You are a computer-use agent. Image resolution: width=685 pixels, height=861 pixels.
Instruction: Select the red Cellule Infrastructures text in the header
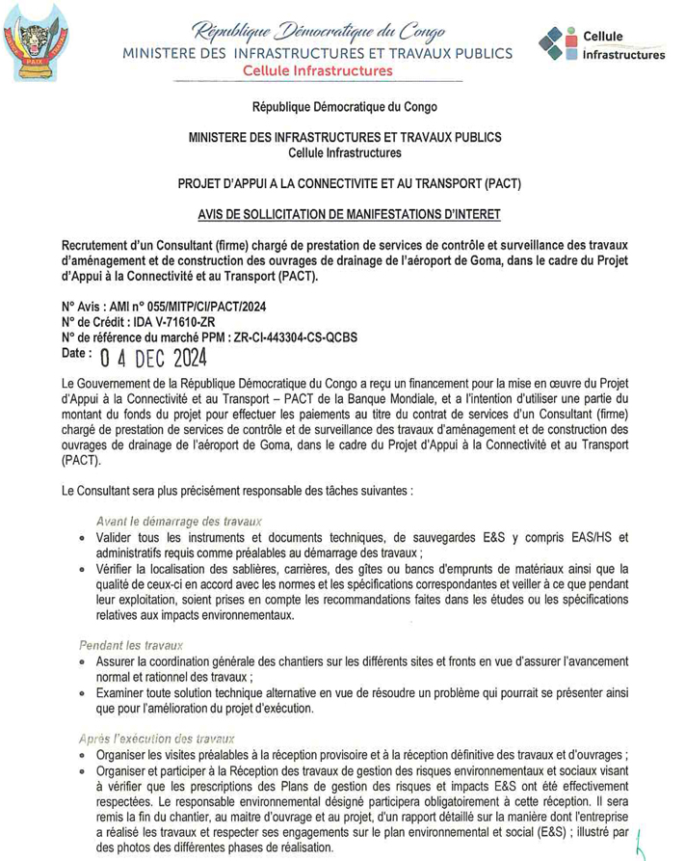pyautogui.click(x=317, y=71)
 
